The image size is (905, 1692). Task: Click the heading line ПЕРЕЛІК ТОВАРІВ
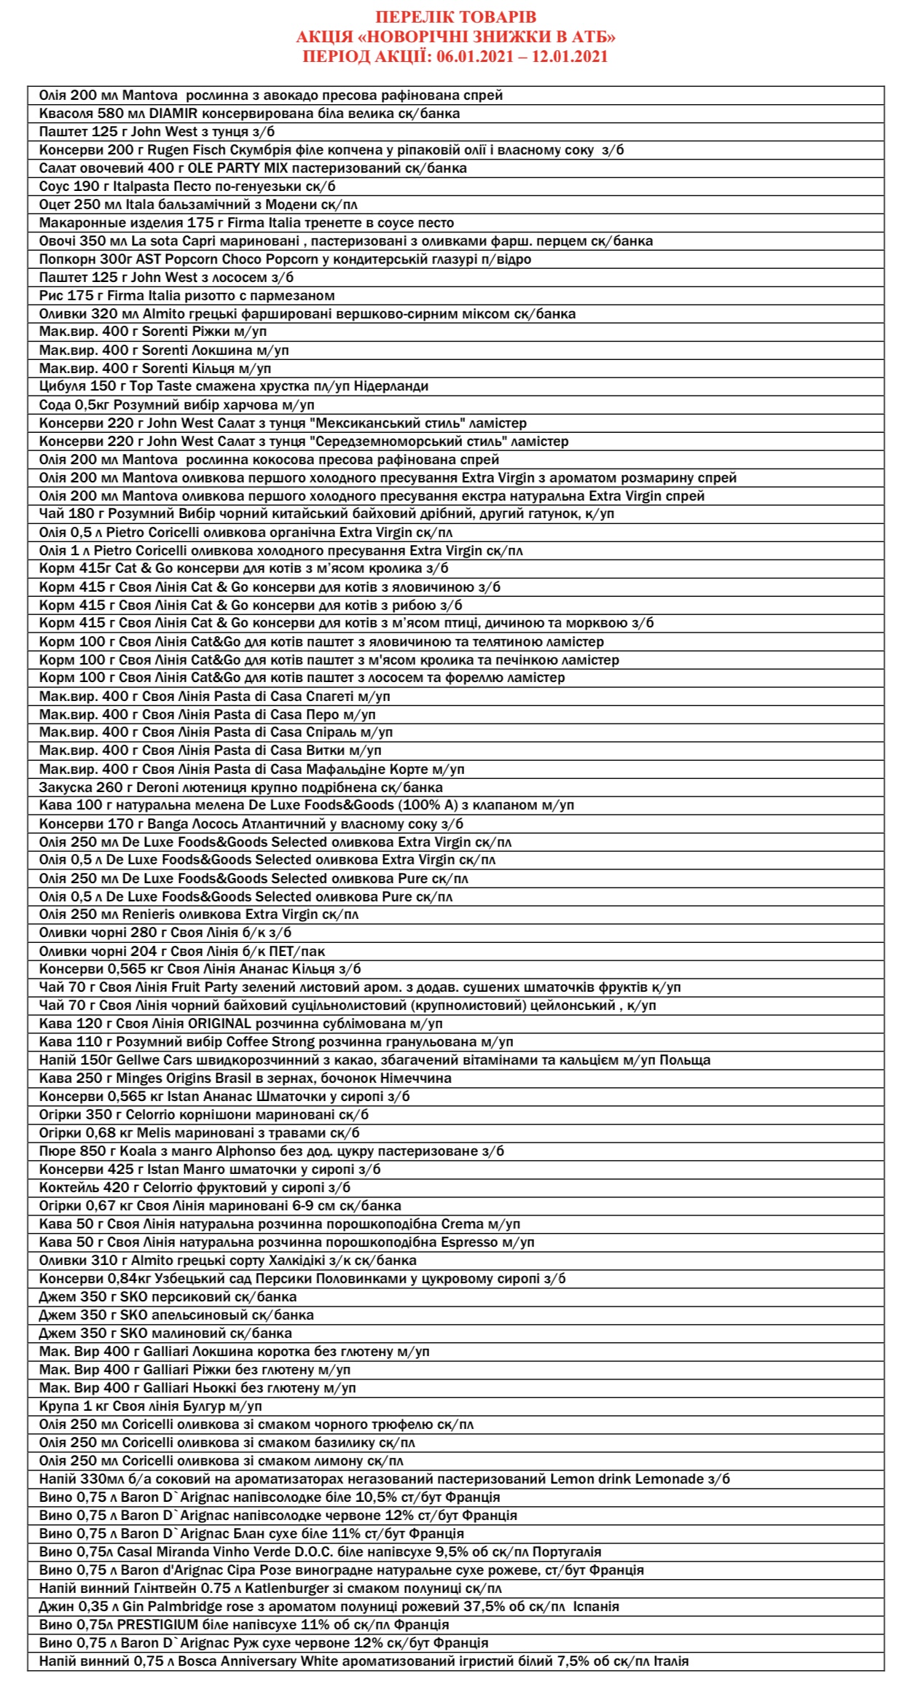point(455,17)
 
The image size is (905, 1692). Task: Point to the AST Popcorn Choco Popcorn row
point(285,259)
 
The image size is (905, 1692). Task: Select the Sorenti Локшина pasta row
point(164,350)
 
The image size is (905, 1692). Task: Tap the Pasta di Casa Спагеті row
point(214,696)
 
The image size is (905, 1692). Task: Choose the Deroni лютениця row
point(240,787)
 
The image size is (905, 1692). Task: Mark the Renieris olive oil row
point(199,914)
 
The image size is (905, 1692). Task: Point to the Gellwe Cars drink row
point(375,1060)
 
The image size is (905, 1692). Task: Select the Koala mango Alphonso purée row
point(271,1151)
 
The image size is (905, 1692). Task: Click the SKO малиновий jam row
point(165,1333)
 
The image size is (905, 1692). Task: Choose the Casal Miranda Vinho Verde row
point(320,1552)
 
